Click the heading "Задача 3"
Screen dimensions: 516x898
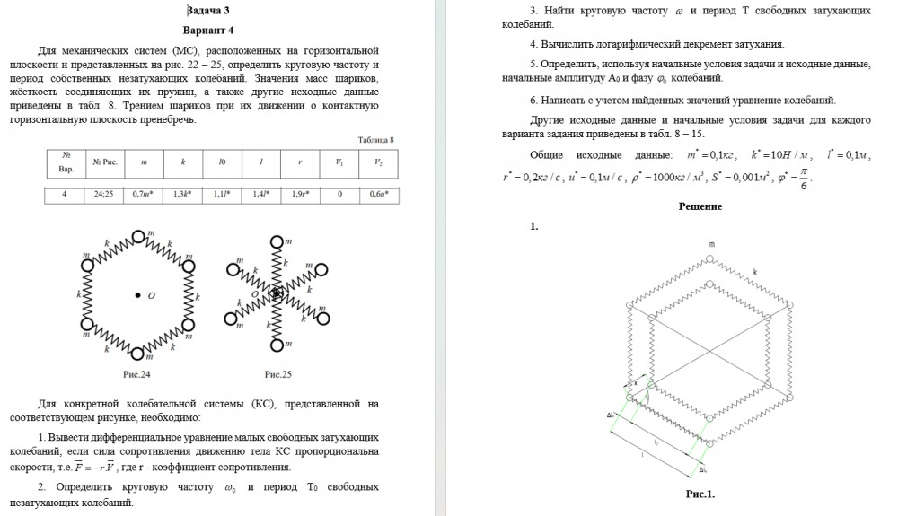point(207,11)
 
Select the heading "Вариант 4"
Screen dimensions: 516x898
point(207,30)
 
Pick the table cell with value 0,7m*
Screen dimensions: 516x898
point(143,193)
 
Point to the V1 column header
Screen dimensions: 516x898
point(339,162)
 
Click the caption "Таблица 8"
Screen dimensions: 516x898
point(374,139)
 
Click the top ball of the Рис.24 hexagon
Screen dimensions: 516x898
point(138,237)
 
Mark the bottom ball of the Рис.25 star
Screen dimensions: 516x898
point(277,345)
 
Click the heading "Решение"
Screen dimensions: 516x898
point(700,206)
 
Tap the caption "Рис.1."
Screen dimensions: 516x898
point(700,493)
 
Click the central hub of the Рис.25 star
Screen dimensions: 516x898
point(277,293)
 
